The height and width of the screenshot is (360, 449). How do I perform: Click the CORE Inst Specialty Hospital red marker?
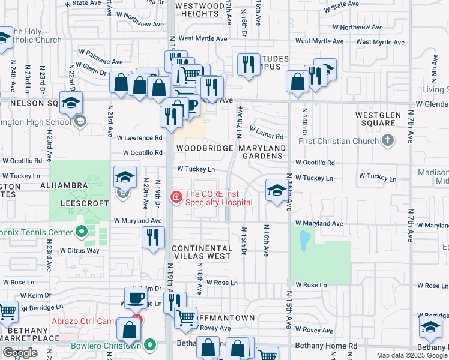coord(176,197)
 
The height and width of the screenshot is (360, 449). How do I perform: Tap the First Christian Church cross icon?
coord(388,141)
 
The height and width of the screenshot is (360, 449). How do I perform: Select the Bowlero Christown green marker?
coord(150,345)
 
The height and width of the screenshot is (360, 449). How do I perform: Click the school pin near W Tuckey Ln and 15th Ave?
coord(276,190)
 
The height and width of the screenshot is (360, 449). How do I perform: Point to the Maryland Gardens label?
coord(262,152)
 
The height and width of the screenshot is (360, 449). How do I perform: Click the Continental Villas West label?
coord(201,252)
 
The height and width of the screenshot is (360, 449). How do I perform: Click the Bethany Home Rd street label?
coord(327,346)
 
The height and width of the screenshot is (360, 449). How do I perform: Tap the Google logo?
coord(20,353)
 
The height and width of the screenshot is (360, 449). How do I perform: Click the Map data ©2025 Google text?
coord(412,355)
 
